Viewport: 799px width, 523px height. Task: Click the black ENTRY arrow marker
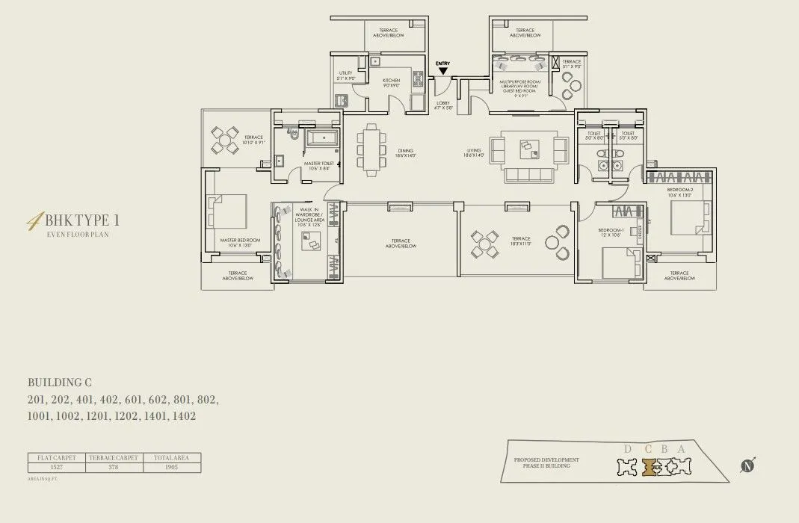click(442, 71)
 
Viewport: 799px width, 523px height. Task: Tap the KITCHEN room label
click(391, 81)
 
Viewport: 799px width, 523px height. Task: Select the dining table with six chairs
click(371, 149)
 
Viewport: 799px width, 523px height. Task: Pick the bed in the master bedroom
click(227, 211)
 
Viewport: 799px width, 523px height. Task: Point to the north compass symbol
click(747, 465)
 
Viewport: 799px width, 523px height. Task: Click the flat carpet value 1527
click(57, 468)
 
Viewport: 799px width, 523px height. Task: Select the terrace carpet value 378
click(114, 468)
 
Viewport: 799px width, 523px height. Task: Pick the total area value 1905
click(172, 468)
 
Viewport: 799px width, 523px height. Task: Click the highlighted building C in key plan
click(649, 467)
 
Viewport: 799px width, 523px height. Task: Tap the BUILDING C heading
click(60, 383)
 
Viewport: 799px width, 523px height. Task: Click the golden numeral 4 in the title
click(34, 221)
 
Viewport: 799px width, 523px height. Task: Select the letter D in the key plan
click(627, 449)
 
